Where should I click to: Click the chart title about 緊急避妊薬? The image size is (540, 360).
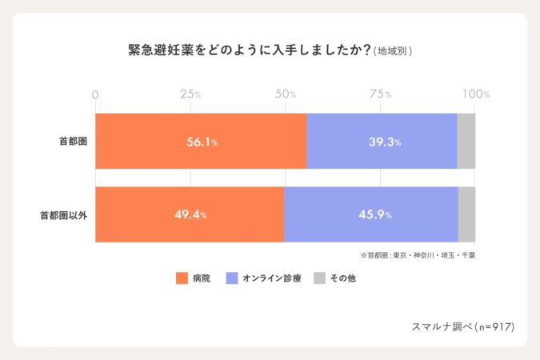[x=249, y=50]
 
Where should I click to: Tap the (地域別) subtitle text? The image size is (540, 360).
[x=393, y=51]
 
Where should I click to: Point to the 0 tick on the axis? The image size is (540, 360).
[x=96, y=94]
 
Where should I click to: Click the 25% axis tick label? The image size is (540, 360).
[x=190, y=94]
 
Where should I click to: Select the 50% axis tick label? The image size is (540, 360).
[x=286, y=94]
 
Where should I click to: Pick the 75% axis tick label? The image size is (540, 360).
[x=381, y=94]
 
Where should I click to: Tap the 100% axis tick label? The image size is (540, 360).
[x=475, y=94]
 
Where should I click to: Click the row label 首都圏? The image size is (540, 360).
[x=73, y=141]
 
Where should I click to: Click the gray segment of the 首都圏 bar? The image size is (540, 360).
[x=466, y=141]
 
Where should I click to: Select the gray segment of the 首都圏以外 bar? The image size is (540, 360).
[x=466, y=214]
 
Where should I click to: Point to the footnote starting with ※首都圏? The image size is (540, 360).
[x=418, y=255]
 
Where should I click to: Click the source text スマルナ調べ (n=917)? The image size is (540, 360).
[x=462, y=326]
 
